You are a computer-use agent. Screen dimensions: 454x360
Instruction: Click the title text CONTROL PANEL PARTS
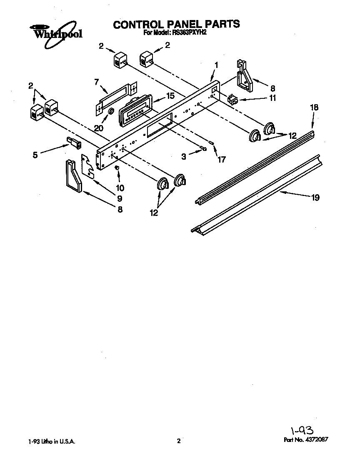[x=177, y=24]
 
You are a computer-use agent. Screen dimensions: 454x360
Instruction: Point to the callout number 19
[x=315, y=198]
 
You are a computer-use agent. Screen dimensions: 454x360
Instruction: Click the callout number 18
[x=314, y=108]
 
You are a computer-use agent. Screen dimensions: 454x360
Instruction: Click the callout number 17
[x=221, y=159]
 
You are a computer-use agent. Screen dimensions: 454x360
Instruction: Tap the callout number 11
[x=272, y=99]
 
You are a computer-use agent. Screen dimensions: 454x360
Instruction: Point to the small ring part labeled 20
[x=111, y=112]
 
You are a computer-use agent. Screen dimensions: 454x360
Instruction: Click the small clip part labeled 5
[x=75, y=143]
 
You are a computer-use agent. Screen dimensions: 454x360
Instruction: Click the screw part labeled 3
[x=203, y=148]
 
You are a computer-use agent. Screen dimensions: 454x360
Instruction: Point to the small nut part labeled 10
[x=117, y=168]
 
